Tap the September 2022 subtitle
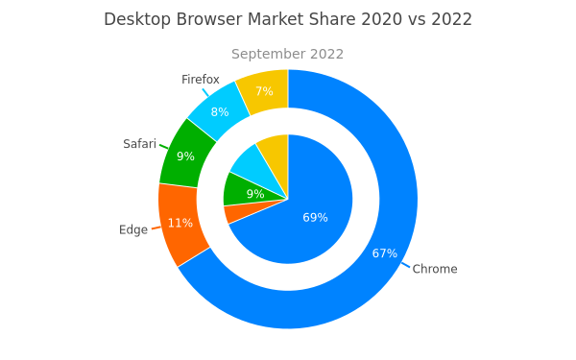(288, 54)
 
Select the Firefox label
(201, 80)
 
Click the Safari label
(139, 144)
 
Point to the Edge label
(133, 230)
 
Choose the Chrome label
(435, 269)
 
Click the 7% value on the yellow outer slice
(265, 91)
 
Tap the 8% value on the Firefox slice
(220, 112)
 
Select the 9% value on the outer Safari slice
(185, 156)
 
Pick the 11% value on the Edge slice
(180, 223)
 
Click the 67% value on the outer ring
(385, 253)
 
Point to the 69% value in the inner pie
(315, 218)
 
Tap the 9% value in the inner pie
(255, 194)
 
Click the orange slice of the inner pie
(243, 212)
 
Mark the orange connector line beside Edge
(156, 228)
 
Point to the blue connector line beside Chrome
(405, 265)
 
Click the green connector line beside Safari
(164, 147)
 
